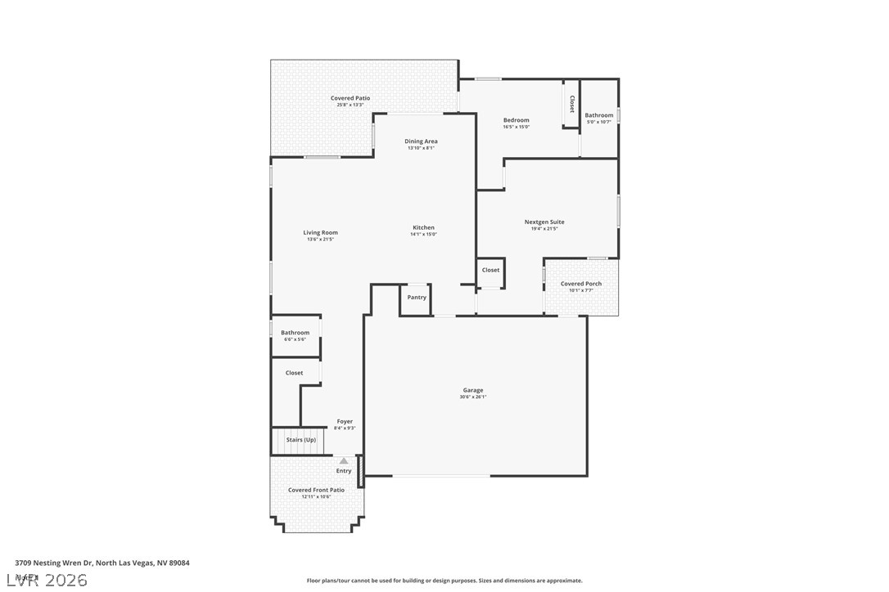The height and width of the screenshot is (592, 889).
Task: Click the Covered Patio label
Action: tap(350, 98)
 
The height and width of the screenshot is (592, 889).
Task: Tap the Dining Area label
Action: tap(421, 141)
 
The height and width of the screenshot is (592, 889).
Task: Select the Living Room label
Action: tap(320, 232)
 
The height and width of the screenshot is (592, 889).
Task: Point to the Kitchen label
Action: tap(423, 227)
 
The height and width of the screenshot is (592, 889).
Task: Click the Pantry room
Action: tap(417, 298)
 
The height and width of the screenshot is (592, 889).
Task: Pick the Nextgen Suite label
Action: tap(544, 222)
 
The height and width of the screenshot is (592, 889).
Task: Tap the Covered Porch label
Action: tap(580, 284)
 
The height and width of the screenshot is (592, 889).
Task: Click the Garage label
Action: tap(473, 390)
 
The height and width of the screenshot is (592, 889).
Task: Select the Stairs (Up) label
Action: tap(300, 440)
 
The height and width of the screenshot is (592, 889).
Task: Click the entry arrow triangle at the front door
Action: tap(344, 461)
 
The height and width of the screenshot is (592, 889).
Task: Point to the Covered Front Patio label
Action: tap(316, 490)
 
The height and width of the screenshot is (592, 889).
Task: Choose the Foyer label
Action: tap(345, 422)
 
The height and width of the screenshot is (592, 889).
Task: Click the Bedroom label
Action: tap(516, 120)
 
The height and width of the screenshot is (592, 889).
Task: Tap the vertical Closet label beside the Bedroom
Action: tap(571, 104)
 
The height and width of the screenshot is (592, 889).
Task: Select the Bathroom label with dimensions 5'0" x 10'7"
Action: tap(598, 115)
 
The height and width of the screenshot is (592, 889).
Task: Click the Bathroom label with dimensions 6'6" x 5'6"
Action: tap(295, 333)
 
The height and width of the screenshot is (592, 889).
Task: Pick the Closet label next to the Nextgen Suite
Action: tap(490, 270)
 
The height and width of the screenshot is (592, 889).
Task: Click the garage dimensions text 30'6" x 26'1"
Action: tap(473, 397)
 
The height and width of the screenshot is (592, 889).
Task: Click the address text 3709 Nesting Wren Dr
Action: tap(54, 563)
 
